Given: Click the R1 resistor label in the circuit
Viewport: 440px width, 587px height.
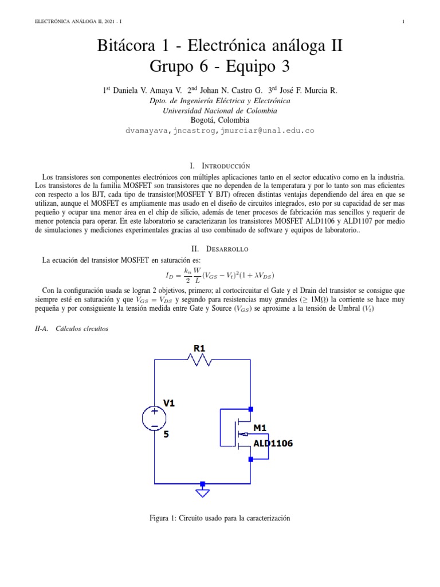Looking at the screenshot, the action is click(x=198, y=348).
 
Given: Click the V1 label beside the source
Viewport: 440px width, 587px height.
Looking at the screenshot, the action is click(x=169, y=403).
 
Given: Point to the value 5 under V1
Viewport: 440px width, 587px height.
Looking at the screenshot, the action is click(x=166, y=435).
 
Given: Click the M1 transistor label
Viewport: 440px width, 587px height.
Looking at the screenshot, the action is click(x=260, y=428).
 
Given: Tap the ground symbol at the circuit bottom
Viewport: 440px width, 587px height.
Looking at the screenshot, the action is click(x=202, y=491).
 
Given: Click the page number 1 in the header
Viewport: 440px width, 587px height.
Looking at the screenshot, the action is click(x=404, y=22).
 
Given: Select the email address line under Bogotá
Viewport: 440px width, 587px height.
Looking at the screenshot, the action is click(x=220, y=131).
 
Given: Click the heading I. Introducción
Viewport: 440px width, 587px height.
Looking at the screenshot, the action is click(x=220, y=163).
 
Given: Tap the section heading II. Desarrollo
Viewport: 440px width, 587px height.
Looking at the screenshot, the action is click(x=220, y=249).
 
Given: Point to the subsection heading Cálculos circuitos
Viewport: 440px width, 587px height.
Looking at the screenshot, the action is click(x=83, y=329).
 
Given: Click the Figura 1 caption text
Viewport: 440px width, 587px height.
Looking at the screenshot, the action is click(x=220, y=518).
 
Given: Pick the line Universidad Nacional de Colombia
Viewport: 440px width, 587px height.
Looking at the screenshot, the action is click(x=220, y=111).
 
